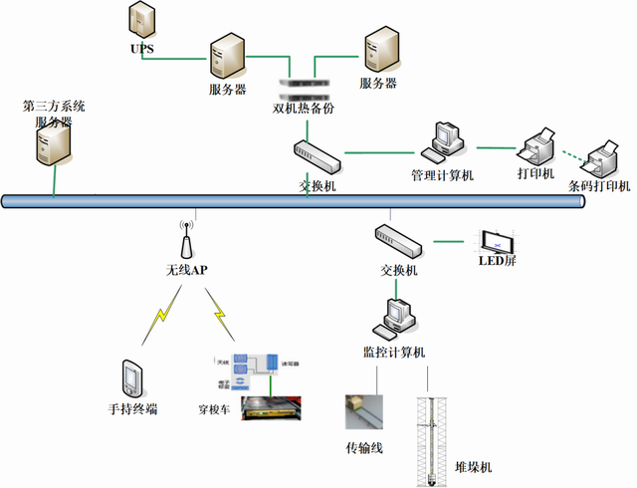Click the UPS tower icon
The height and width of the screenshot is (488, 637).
tap(141, 21)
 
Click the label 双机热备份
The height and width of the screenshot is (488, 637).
tap(304, 108)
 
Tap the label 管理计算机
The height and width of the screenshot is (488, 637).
tap(443, 175)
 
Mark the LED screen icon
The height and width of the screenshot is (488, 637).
tap(498, 242)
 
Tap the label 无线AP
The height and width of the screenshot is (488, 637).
tap(186, 270)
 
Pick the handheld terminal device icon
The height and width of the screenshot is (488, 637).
tap(131, 379)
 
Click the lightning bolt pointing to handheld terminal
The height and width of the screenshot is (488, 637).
tap(158, 318)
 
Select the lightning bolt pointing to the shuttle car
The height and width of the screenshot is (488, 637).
tap(219, 318)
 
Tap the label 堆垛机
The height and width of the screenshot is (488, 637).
tap(473, 467)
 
